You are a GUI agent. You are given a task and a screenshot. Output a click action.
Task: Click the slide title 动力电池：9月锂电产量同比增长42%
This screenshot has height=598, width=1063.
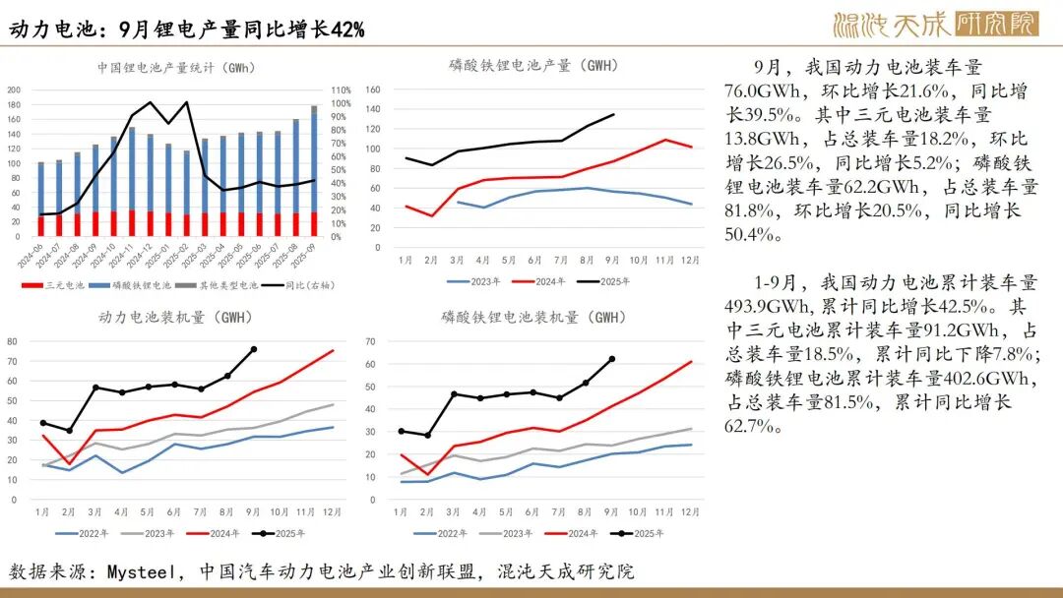coord(187,30)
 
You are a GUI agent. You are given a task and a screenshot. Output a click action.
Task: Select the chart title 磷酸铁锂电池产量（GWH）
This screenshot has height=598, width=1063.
coord(532,66)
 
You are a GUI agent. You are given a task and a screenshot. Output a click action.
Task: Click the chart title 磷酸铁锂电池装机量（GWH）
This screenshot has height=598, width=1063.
coord(532,318)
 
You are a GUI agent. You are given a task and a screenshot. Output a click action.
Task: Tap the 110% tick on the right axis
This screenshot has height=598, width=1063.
coord(343,90)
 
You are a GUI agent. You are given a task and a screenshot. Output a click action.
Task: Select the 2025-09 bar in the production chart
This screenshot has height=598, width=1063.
coord(314,172)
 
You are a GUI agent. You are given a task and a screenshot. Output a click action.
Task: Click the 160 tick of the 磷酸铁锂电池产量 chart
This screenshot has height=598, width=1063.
coord(373,90)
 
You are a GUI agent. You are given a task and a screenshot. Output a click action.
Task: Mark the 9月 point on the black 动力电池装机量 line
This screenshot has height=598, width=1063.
coord(254,349)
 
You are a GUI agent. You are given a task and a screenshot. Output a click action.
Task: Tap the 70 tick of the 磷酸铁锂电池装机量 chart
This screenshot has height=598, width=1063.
coord(373,341)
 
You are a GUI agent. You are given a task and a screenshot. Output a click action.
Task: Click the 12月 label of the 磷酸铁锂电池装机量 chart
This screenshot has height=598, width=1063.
coord(690,511)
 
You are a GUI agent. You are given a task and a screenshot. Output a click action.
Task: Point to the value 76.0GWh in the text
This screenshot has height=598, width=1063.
coord(757,91)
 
